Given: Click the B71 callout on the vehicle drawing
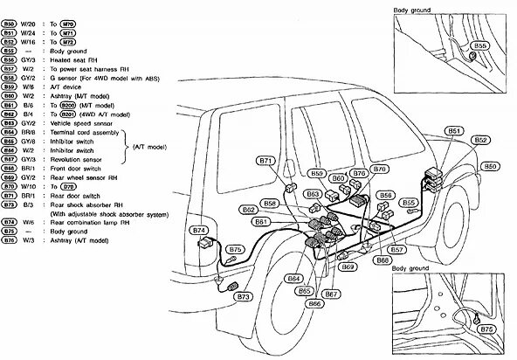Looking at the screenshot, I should [267, 161].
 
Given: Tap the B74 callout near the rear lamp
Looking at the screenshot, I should [201, 230].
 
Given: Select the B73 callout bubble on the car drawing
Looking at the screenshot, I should [243, 298].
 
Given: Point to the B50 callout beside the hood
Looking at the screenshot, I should [492, 165].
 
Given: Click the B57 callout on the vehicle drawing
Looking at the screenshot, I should [396, 250].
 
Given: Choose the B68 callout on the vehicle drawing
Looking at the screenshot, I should [382, 260].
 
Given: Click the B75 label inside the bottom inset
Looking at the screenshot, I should [488, 329].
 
